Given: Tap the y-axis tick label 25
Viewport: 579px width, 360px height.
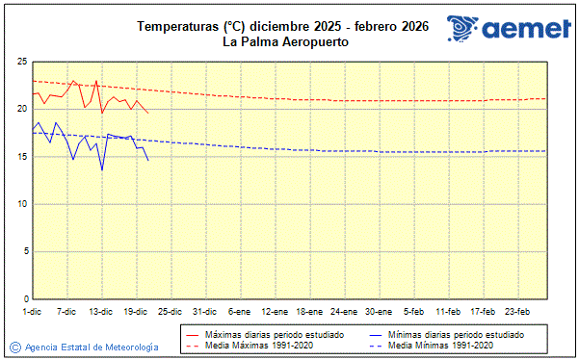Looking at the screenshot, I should [20, 62].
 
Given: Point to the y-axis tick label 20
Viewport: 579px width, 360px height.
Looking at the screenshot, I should [20, 109].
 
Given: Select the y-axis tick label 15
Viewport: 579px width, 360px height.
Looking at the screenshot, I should [20, 156].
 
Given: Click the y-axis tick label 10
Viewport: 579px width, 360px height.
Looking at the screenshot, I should [20, 204].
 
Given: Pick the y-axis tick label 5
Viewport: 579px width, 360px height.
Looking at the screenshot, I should [23, 251].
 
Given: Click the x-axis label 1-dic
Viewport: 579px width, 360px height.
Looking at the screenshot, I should [32, 312].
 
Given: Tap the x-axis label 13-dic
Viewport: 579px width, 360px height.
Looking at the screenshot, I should [101, 312].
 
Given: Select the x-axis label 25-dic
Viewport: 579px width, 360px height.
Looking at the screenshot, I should [171, 312].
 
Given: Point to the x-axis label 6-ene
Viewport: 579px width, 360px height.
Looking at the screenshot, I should [240, 312].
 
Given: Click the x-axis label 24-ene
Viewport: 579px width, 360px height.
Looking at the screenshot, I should [344, 312].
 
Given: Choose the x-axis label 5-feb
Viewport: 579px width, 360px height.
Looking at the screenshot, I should [414, 312].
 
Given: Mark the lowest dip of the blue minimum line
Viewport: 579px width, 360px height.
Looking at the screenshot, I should [102, 170].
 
